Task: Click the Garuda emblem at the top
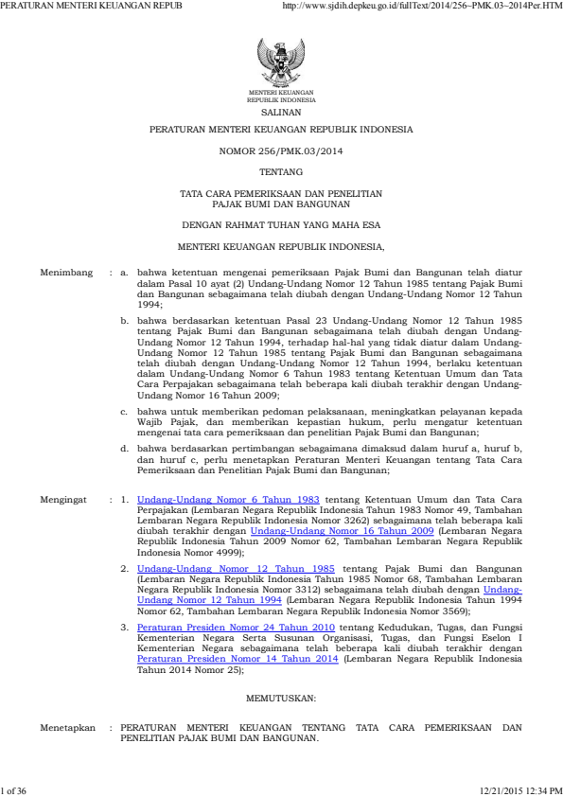(281, 62)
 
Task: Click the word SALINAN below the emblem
(281, 111)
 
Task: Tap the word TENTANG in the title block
(281, 172)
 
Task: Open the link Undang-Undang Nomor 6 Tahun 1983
(228, 498)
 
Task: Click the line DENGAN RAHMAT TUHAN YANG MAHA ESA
(281, 225)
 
